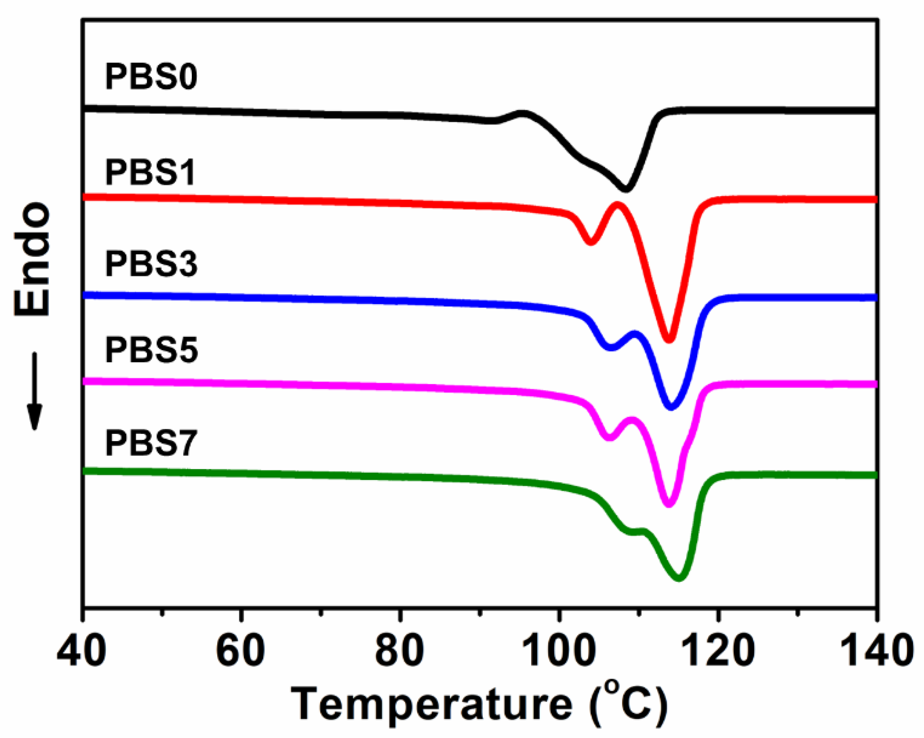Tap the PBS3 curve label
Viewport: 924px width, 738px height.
click(151, 264)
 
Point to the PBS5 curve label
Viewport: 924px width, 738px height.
click(151, 350)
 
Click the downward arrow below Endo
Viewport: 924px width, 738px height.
click(34, 391)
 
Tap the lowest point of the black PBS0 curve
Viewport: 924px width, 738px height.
click(626, 189)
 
